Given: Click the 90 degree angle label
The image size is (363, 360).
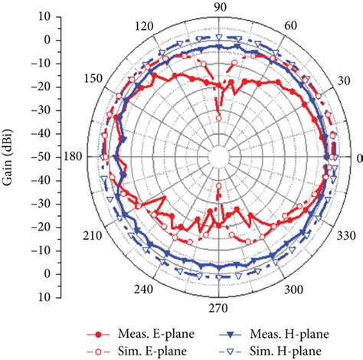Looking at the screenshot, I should click(x=220, y=7).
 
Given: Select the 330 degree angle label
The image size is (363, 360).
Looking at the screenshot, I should click(x=345, y=234).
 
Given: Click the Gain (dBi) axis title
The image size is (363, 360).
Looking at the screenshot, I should click(x=8, y=156).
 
